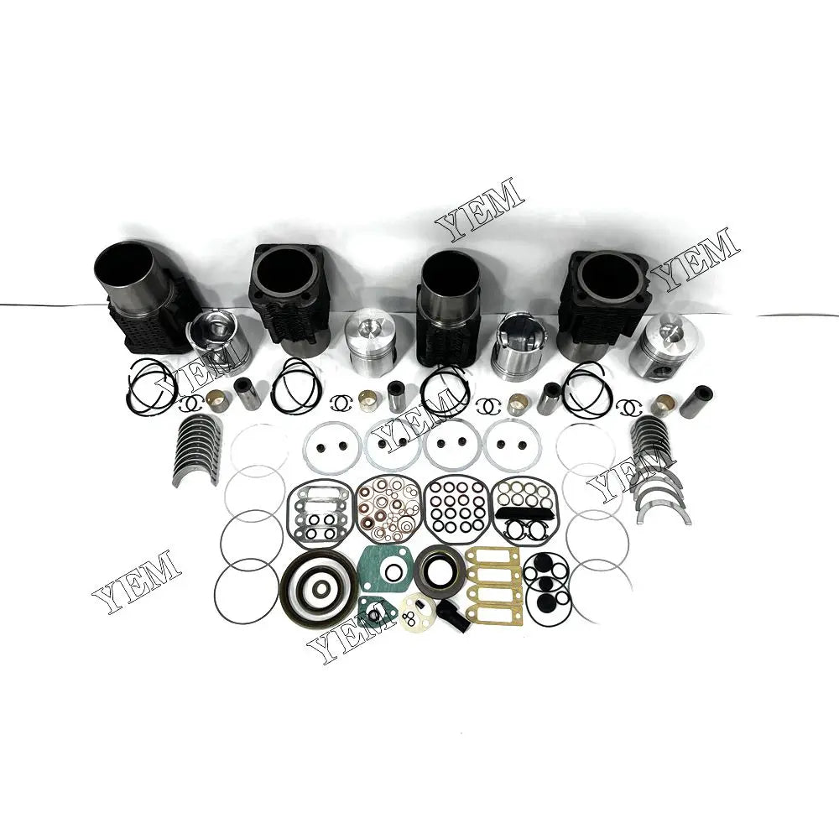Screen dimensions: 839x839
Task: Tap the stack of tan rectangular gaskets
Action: point(492,583)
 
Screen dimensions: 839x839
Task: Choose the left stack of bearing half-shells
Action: point(197,449)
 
